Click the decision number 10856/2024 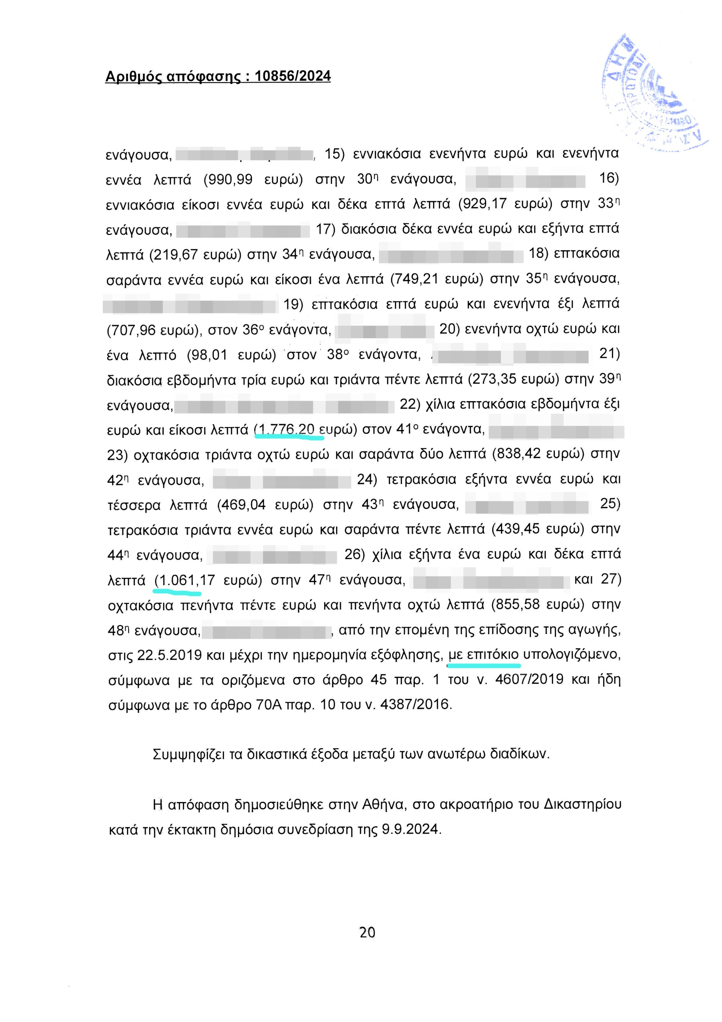tap(293, 76)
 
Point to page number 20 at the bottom tap(367, 932)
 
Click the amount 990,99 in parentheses tap(228, 179)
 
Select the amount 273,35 tap(494, 380)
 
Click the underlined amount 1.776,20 tap(287, 430)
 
